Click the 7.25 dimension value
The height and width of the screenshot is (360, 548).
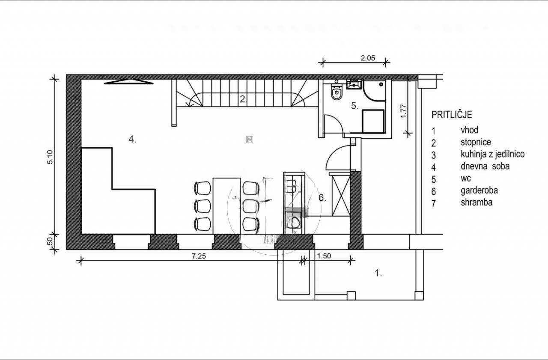[199, 256]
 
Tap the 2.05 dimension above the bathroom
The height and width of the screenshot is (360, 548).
[368, 58]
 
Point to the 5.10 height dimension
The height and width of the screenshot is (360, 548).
[50, 157]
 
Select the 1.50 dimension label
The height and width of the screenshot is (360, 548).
[324, 256]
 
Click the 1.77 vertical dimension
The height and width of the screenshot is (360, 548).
[403, 111]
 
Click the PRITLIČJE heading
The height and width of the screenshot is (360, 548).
[452, 115]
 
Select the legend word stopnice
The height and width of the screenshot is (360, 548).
[476, 142]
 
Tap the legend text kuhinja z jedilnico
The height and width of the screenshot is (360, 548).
[492, 154]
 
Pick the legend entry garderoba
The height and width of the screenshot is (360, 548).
[479, 190]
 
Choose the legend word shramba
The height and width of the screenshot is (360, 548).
[477, 202]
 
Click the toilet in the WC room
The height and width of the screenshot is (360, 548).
[337, 92]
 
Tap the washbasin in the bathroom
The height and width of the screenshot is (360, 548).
[354, 84]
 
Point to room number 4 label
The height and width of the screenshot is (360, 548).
[132, 140]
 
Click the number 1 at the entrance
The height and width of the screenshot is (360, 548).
[378, 273]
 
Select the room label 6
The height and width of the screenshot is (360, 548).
[322, 198]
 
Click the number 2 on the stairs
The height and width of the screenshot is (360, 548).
[242, 99]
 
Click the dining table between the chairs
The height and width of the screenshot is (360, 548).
[226, 206]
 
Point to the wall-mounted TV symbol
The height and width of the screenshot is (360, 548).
[129, 82]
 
